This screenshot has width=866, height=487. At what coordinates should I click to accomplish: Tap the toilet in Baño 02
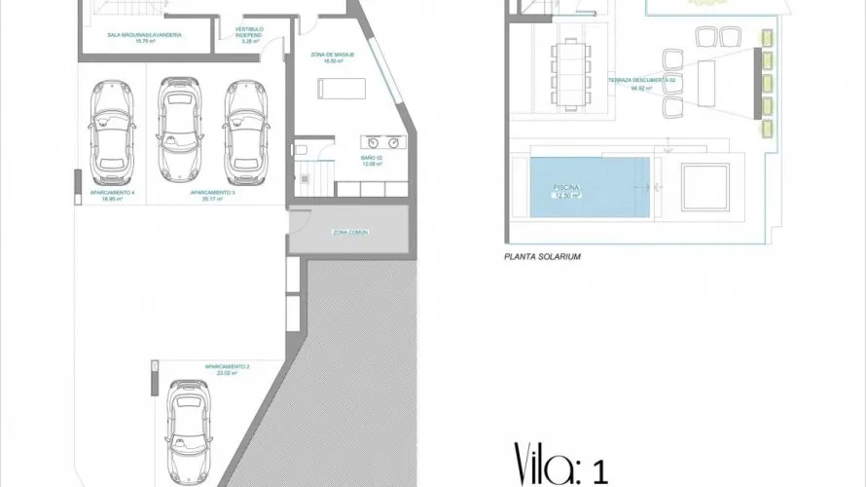[x=302, y=149]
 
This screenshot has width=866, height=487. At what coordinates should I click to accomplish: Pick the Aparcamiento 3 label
[x=213, y=194]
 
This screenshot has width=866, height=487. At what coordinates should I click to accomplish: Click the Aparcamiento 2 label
[x=227, y=367]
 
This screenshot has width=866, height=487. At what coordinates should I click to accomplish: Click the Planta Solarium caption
[x=542, y=257]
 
